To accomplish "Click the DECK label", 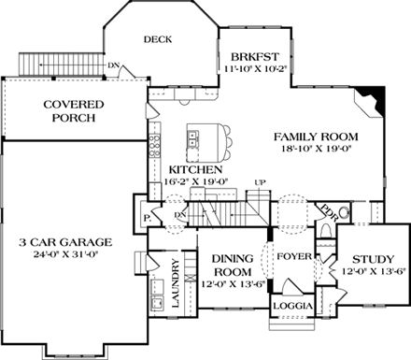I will click(156, 39).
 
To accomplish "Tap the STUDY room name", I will click(373, 261).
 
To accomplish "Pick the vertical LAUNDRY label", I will click(174, 284).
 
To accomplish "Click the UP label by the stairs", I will click(262, 181).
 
